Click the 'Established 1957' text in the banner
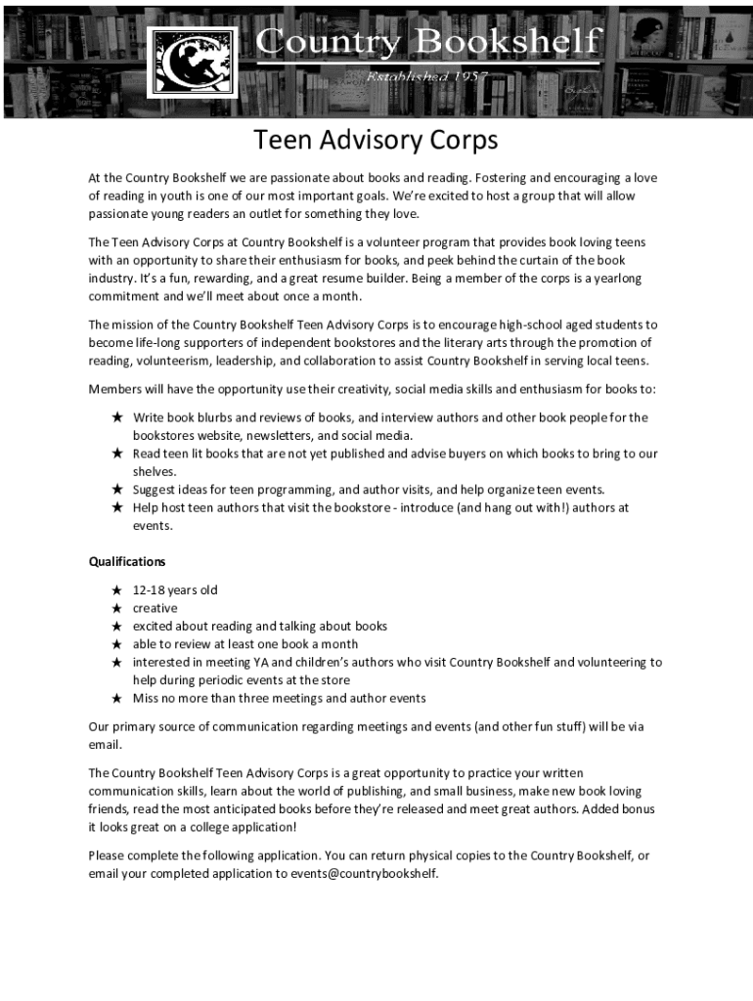426,75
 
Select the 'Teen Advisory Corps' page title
376,141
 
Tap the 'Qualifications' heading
127,562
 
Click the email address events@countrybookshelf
364,874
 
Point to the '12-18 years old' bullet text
175,590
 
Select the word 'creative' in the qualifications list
155,608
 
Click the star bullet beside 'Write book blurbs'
116,417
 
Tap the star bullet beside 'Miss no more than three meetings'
116,698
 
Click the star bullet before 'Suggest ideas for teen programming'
116,489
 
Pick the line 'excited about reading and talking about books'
260,626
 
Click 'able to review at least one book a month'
245,644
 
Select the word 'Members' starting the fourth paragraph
115,389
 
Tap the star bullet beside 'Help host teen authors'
116,507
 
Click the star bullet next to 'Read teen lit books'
116,454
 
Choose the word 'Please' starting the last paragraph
107,855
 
